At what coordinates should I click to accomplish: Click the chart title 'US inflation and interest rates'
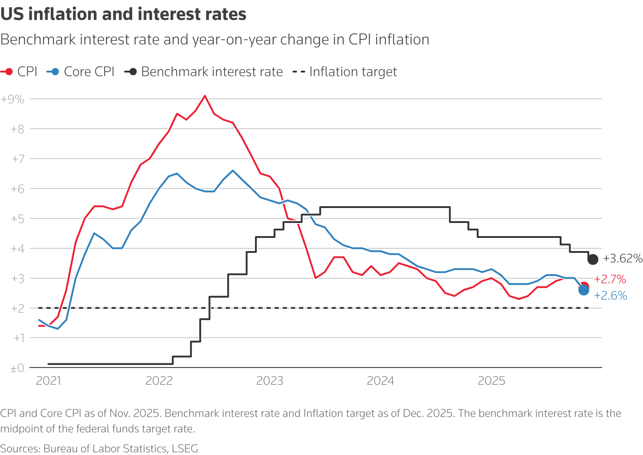pos(123,15)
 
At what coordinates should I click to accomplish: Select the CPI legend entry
pos(20,72)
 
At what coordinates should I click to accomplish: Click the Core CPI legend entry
pos(81,72)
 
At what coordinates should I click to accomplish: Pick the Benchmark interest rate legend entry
pos(204,72)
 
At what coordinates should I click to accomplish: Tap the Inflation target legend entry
pos(345,72)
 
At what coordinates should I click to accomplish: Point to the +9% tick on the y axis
pos(13,99)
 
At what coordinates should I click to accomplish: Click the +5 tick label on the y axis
pos(17,219)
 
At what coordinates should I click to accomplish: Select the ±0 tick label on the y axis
pos(17,368)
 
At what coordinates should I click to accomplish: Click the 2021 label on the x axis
pos(48,381)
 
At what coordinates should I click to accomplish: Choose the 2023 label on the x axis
pos(270,381)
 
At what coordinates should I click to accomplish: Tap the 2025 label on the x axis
pos(491,381)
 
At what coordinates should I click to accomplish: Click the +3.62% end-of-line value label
pos(623,259)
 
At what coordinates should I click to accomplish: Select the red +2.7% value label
pos(610,279)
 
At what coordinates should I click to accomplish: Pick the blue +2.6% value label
pos(610,296)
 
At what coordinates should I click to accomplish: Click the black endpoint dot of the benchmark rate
pos(593,259)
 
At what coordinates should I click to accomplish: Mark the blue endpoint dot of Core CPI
pos(584,290)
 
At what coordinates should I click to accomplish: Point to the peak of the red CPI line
pos(205,96)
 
